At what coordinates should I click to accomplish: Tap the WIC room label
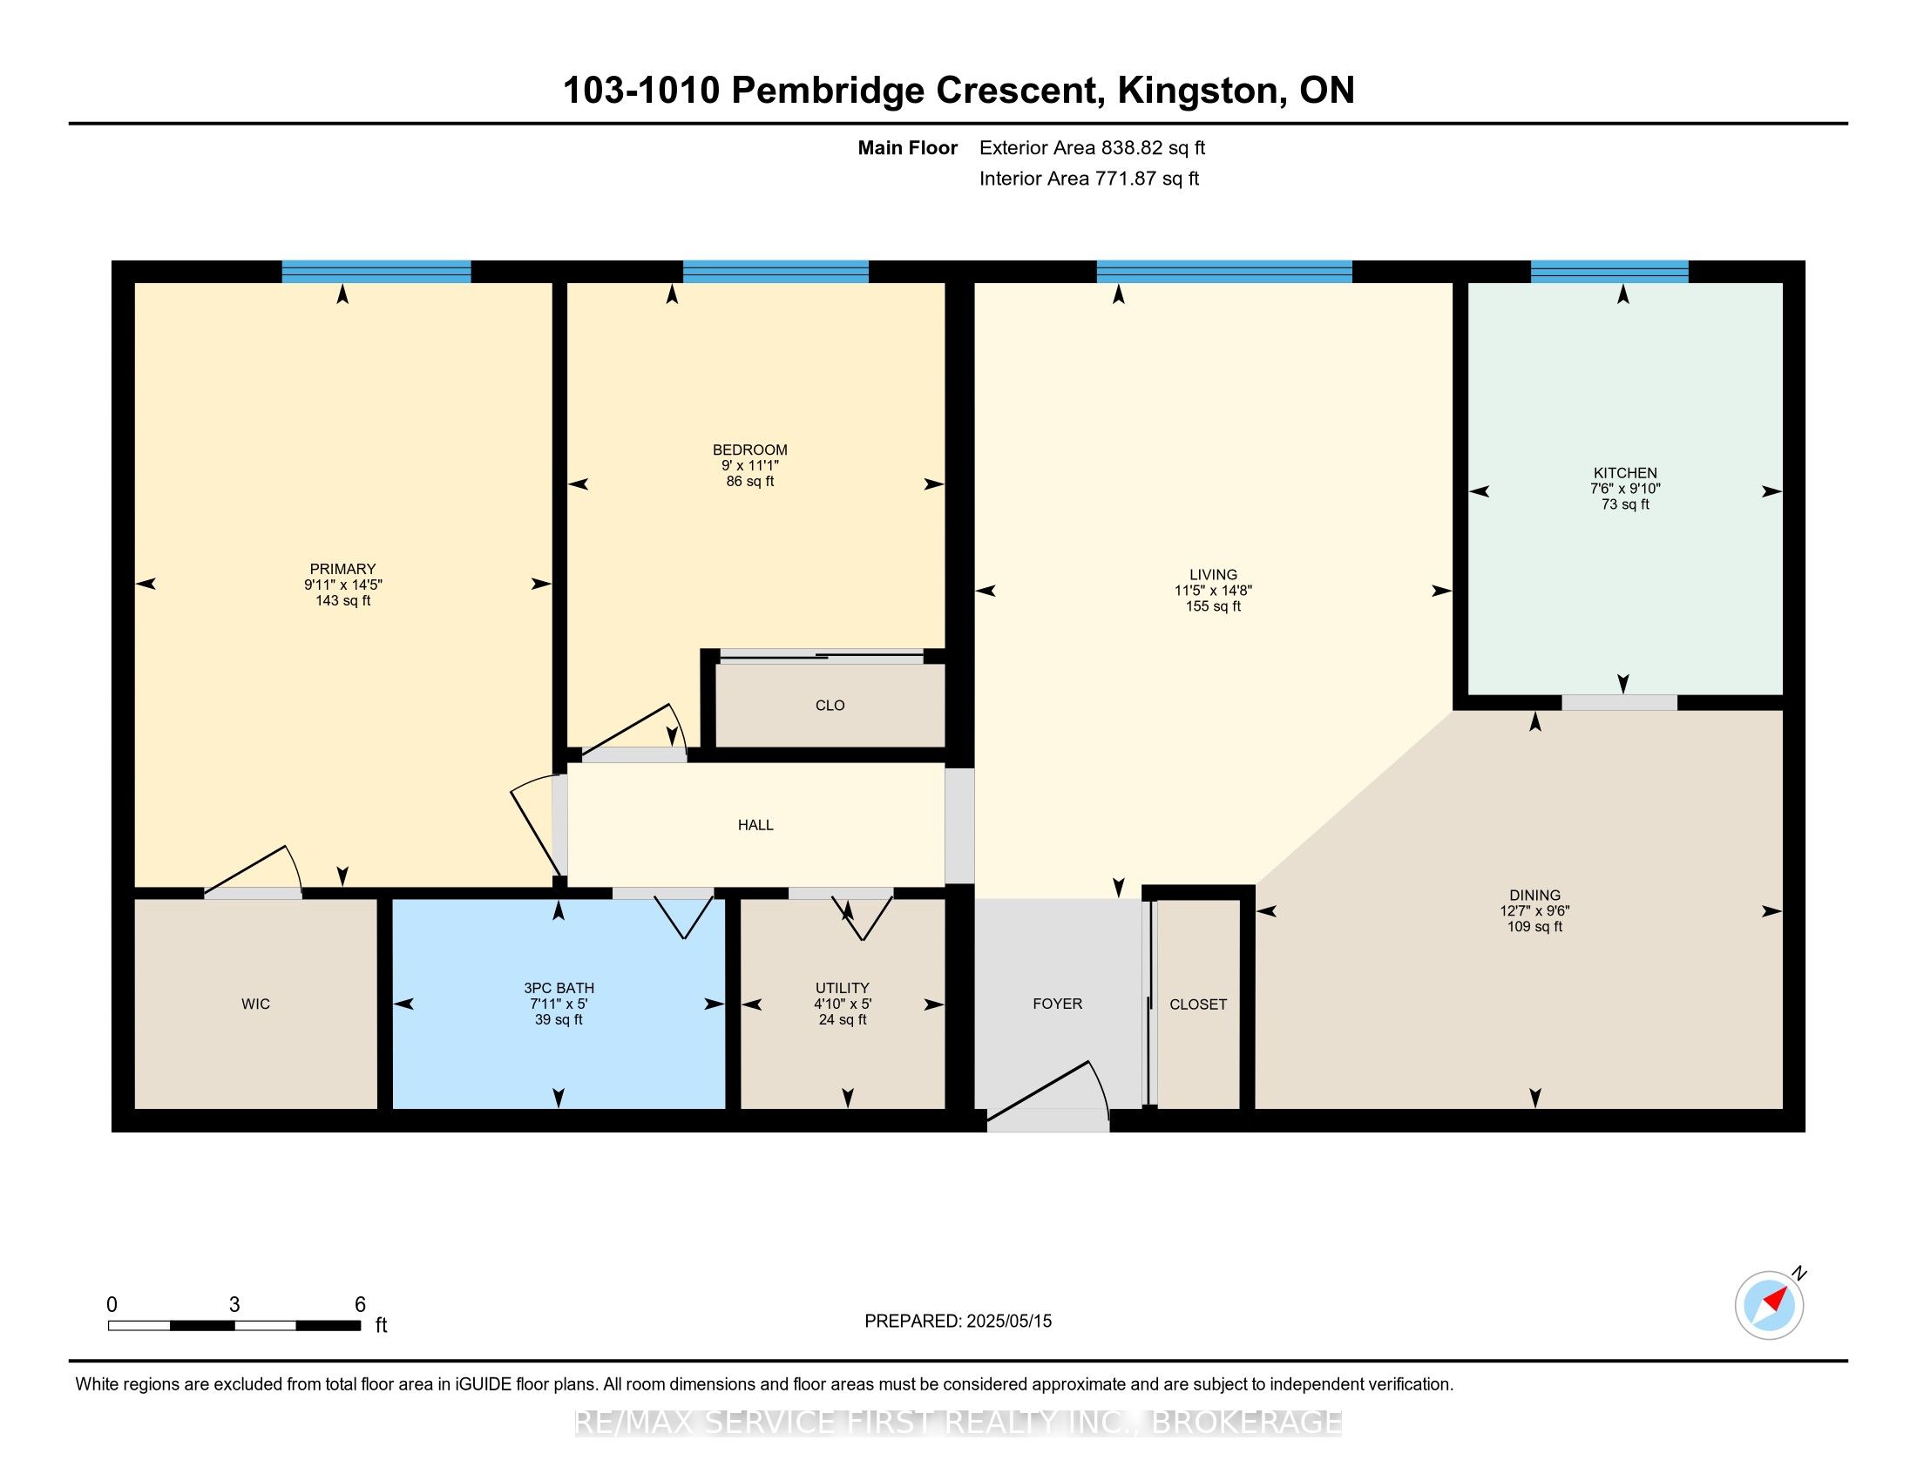255,1004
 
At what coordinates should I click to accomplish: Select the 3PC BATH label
559,988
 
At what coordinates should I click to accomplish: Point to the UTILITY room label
843,988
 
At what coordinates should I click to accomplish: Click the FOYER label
1058,1004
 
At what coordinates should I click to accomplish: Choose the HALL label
755,825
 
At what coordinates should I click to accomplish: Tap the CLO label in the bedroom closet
830,706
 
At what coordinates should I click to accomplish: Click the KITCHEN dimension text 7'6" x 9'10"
1626,489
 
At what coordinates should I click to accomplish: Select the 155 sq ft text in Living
1214,606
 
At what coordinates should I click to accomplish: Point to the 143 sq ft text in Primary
343,601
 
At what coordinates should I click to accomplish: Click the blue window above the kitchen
1609,271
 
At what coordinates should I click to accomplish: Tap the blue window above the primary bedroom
376,271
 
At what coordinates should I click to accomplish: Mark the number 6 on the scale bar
360,1305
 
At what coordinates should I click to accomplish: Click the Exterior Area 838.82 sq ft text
1093,148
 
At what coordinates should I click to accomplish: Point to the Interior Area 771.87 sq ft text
1089,179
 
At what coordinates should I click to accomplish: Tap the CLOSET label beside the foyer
1198,1004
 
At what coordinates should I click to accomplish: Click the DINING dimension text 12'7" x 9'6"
1535,911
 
